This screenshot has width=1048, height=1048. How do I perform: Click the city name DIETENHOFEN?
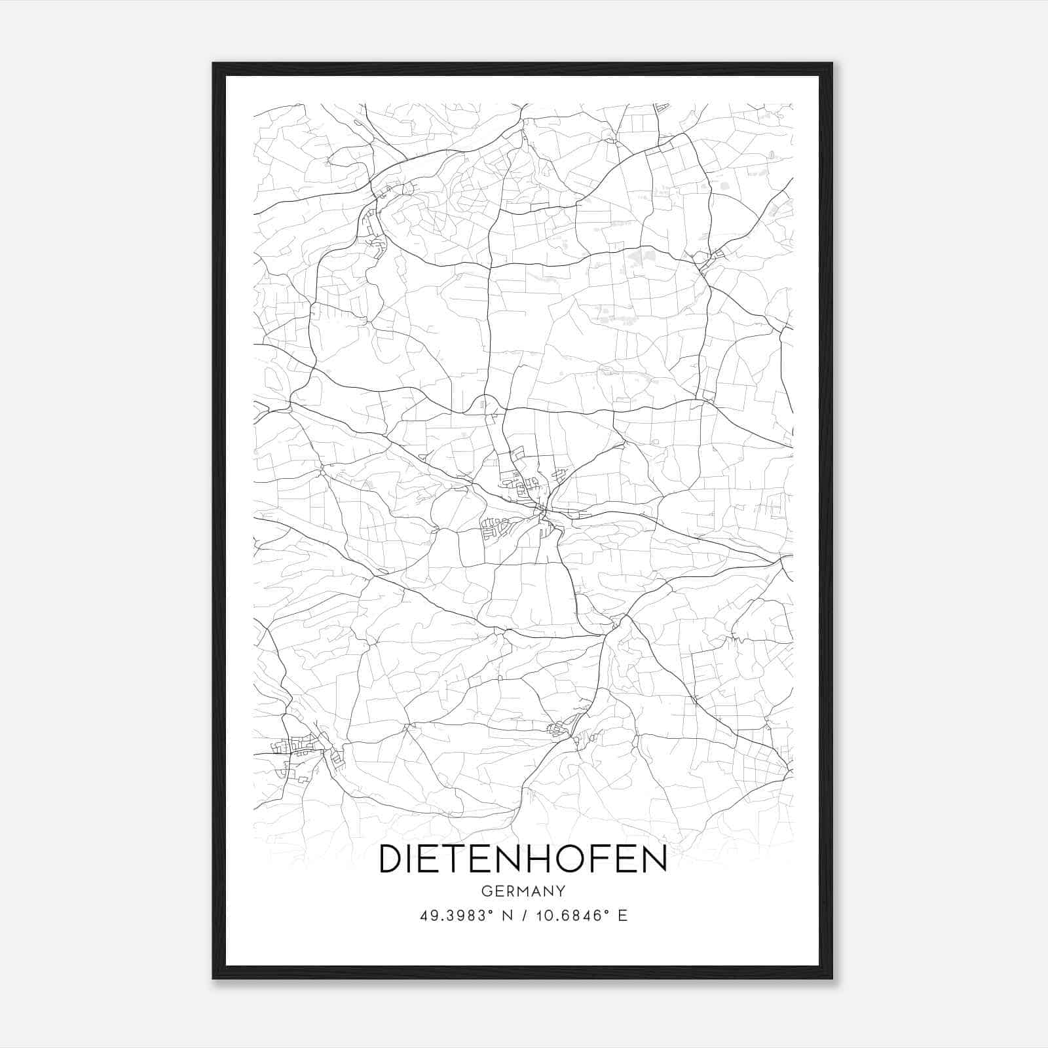[x=523, y=859]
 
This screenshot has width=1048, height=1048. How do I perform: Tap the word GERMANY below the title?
[x=523, y=891]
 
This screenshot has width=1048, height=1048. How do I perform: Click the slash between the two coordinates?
[x=523, y=916]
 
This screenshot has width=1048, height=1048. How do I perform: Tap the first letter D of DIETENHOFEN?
[x=391, y=859]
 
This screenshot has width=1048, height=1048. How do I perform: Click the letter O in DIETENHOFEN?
[x=582, y=859]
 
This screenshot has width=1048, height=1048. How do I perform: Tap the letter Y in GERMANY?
[x=560, y=891]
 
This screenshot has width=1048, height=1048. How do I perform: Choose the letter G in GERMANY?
[x=485, y=891]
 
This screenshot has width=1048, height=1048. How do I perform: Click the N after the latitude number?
[x=505, y=916]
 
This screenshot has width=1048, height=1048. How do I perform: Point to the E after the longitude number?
[x=623, y=916]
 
